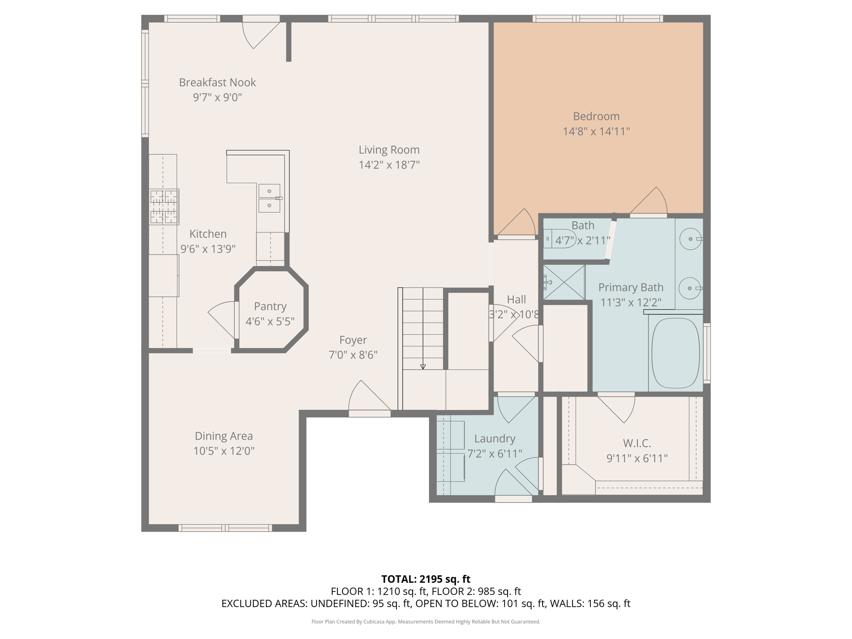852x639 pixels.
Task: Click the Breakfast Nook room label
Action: [x=217, y=82]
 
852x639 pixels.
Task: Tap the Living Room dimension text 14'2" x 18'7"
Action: [x=389, y=165]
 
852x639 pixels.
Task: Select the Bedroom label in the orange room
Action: [x=596, y=116]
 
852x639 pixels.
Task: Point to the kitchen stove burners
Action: [x=164, y=207]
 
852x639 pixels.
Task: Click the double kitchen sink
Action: [x=269, y=198]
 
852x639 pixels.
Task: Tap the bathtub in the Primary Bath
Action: [x=675, y=353]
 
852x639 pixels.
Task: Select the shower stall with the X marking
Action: [x=564, y=282]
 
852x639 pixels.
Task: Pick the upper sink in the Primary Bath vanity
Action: [x=691, y=239]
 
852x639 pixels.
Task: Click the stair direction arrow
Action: [x=423, y=367]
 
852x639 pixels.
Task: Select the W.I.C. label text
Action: [x=637, y=443]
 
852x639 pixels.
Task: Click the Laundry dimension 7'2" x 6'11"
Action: [x=494, y=453]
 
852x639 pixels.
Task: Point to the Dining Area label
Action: [x=224, y=436]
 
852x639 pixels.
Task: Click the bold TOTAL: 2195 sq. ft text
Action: [x=426, y=579]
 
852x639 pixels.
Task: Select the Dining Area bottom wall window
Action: [x=225, y=528]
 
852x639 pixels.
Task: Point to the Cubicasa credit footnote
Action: [x=426, y=622]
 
